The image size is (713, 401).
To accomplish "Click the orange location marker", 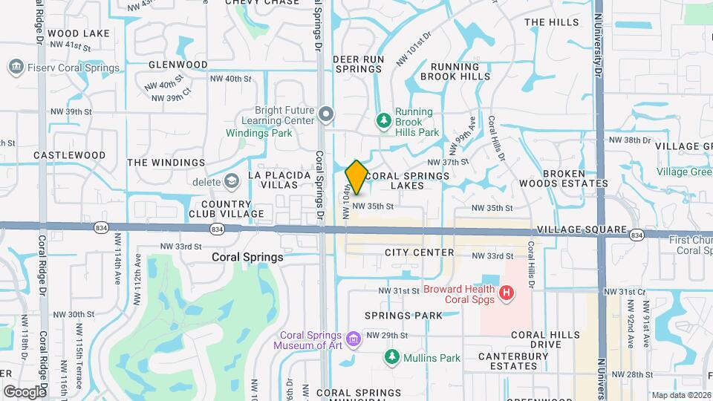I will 356,177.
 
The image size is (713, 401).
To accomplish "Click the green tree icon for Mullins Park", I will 391,358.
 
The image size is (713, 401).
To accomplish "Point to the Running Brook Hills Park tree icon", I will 384,120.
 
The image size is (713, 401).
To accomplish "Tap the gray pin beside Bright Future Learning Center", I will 326,114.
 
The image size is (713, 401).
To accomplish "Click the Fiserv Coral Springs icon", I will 14,68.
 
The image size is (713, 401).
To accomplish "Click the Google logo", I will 25,392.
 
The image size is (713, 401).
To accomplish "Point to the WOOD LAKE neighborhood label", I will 78,33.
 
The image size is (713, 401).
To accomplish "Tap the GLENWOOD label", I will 178,65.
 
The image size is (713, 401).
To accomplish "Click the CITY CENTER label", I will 420,252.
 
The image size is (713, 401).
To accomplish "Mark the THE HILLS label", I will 551,22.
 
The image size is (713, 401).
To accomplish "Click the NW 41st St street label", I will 77,46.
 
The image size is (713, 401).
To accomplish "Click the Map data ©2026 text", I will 680,395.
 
